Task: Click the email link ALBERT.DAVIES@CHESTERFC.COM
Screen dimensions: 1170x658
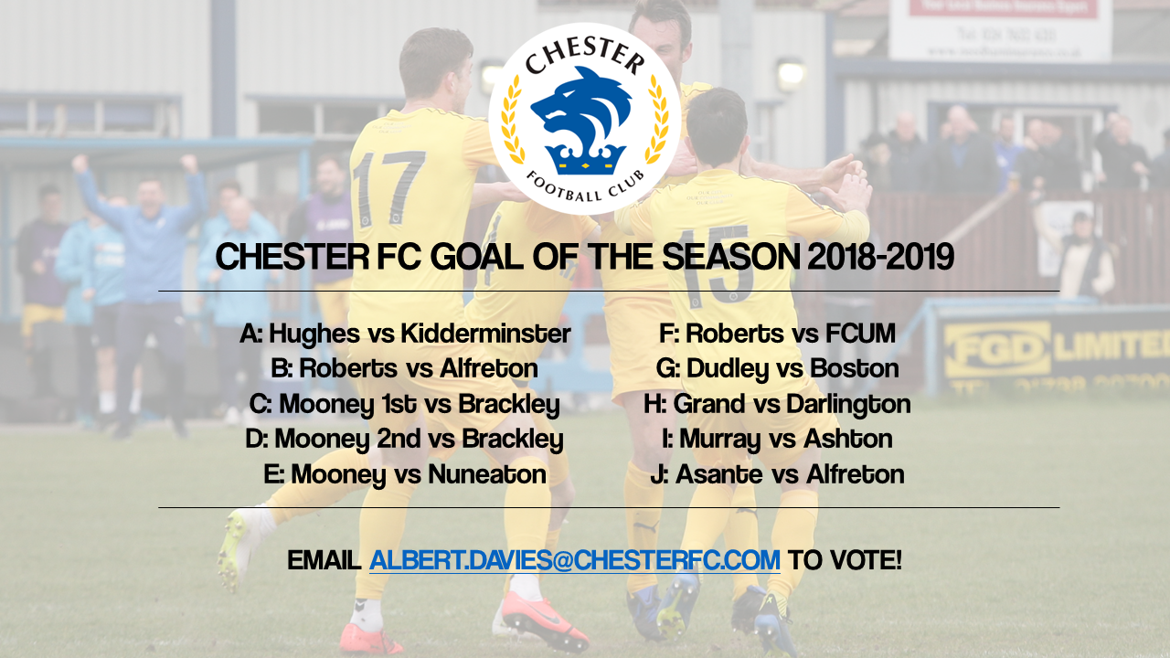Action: [x=575, y=560]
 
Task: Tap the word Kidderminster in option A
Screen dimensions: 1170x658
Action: [x=485, y=334]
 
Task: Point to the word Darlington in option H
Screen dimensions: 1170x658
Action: [x=848, y=405]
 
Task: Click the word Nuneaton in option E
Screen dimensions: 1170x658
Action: [x=487, y=474]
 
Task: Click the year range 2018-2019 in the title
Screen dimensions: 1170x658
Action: [x=880, y=257]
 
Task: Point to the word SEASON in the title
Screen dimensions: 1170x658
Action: [x=730, y=257]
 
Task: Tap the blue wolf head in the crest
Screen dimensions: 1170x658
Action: [x=582, y=109]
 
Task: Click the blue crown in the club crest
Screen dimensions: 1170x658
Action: [x=585, y=158]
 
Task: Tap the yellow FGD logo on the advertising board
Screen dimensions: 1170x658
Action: [x=996, y=349]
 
